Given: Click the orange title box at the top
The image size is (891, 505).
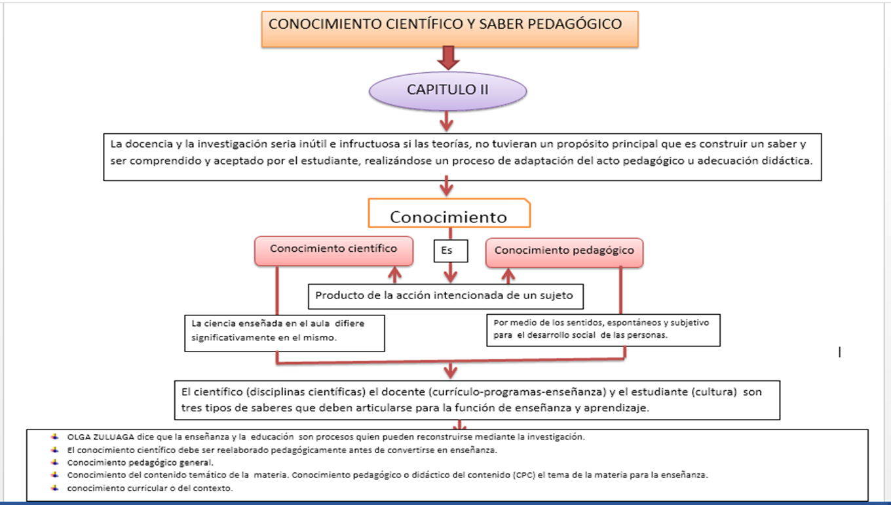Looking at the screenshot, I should coord(449,29).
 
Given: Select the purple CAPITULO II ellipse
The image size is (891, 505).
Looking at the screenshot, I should coord(447,90).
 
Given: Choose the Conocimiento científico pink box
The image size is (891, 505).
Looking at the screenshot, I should coord(333,250).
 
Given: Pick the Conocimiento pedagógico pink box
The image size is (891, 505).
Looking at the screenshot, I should coord(564,251).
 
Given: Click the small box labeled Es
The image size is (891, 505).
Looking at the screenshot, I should coord(450,251).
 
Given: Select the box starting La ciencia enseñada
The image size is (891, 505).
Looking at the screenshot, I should coord(284,331).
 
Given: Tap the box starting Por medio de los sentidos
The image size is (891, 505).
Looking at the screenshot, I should coord(603,329).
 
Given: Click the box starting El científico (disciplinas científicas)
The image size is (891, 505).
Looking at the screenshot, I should coord(476,399).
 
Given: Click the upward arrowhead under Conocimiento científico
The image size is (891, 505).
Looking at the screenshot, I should coord(394,273).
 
